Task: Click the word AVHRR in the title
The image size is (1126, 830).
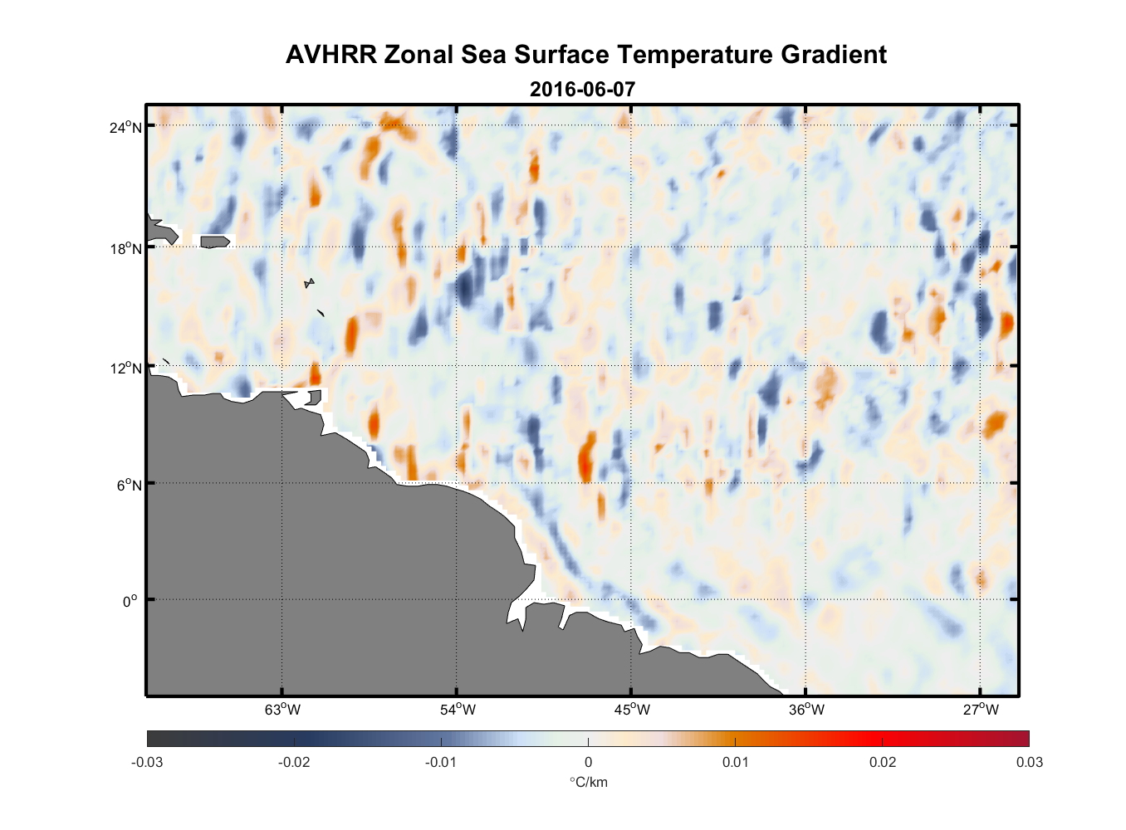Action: coord(330,55)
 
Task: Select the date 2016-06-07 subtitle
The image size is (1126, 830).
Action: coord(582,89)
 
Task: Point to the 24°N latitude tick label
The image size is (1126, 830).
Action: coord(127,127)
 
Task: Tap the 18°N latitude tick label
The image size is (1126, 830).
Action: coord(127,248)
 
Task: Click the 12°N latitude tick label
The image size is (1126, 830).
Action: coord(127,368)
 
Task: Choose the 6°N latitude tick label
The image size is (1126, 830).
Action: coord(130,485)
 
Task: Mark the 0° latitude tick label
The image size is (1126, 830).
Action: coord(130,601)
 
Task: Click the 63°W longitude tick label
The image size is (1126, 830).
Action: coord(283,710)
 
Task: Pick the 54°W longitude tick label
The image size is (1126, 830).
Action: coord(458,710)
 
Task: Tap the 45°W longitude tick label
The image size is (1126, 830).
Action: coord(632,710)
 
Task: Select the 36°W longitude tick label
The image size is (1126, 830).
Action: coord(806,710)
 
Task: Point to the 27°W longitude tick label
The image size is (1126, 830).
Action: coord(981,710)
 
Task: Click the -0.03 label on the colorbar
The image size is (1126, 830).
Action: coord(147,762)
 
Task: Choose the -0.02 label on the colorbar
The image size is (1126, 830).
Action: coord(294,762)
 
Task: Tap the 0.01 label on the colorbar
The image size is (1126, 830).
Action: coord(735,762)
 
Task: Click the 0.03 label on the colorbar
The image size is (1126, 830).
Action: coord(1029,762)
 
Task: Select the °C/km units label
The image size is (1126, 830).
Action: coord(588,782)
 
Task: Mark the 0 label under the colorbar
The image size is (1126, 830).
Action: coord(588,762)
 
